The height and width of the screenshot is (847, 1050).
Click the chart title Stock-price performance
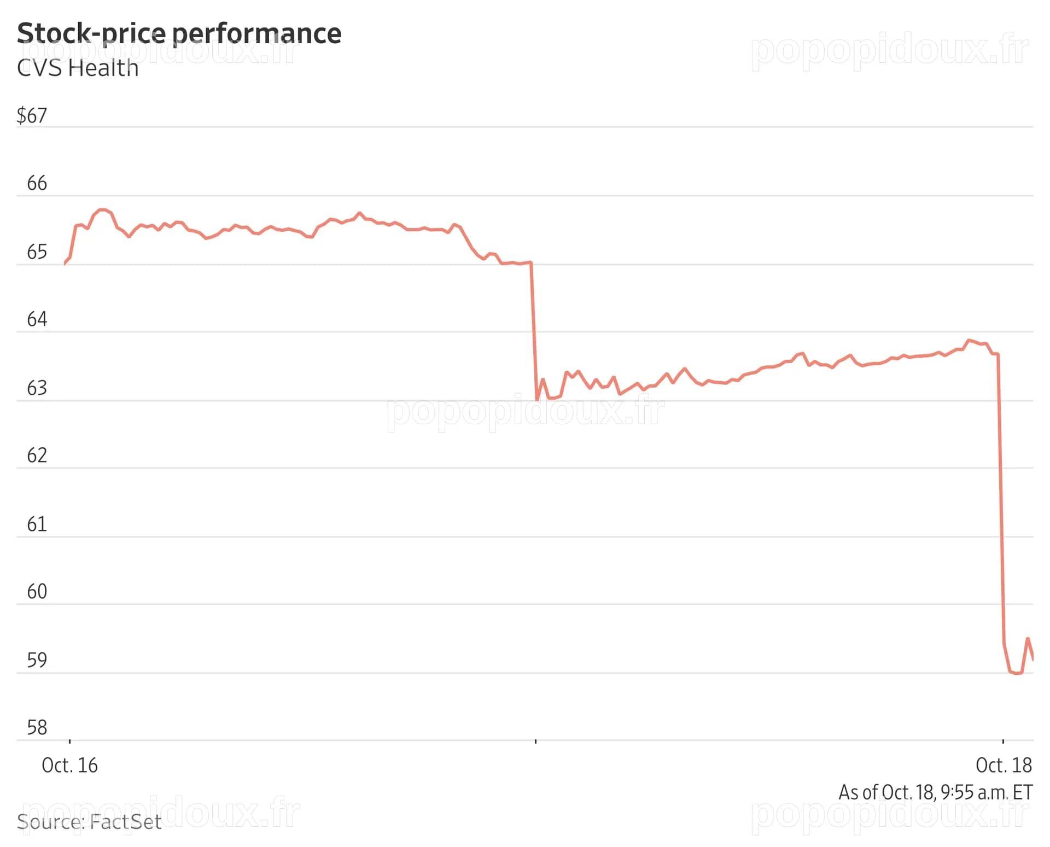pyautogui.click(x=179, y=34)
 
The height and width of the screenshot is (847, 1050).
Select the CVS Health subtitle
pyautogui.click(x=78, y=68)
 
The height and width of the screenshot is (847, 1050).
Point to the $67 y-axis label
pyautogui.click(x=32, y=116)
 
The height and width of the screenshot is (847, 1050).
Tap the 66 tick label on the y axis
pyautogui.click(x=37, y=183)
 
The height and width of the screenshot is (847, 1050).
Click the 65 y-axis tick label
pyautogui.click(x=37, y=252)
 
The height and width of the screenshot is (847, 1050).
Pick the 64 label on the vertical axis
pyautogui.click(x=37, y=319)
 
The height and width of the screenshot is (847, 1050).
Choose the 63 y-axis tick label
pyautogui.click(x=37, y=388)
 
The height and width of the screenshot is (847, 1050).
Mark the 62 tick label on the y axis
pyautogui.click(x=37, y=455)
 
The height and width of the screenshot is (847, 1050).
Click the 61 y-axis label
pyautogui.click(x=37, y=524)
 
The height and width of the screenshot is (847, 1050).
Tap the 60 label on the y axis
pyautogui.click(x=37, y=592)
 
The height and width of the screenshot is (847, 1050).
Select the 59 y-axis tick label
pyautogui.click(x=37, y=661)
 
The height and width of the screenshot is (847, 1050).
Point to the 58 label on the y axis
pyautogui.click(x=37, y=728)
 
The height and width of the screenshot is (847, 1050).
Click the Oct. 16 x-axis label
pyautogui.click(x=69, y=766)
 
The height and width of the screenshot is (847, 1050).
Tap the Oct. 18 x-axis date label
pyautogui.click(x=1004, y=766)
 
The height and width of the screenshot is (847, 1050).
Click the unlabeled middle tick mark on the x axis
pyautogui.click(x=535, y=741)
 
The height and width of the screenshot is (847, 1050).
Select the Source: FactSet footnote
pyautogui.click(x=89, y=822)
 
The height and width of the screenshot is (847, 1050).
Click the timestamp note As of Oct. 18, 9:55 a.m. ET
pyautogui.click(x=936, y=792)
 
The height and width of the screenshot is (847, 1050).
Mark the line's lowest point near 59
pyautogui.click(x=1017, y=673)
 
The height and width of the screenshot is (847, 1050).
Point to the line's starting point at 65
pyautogui.click(x=65, y=264)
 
